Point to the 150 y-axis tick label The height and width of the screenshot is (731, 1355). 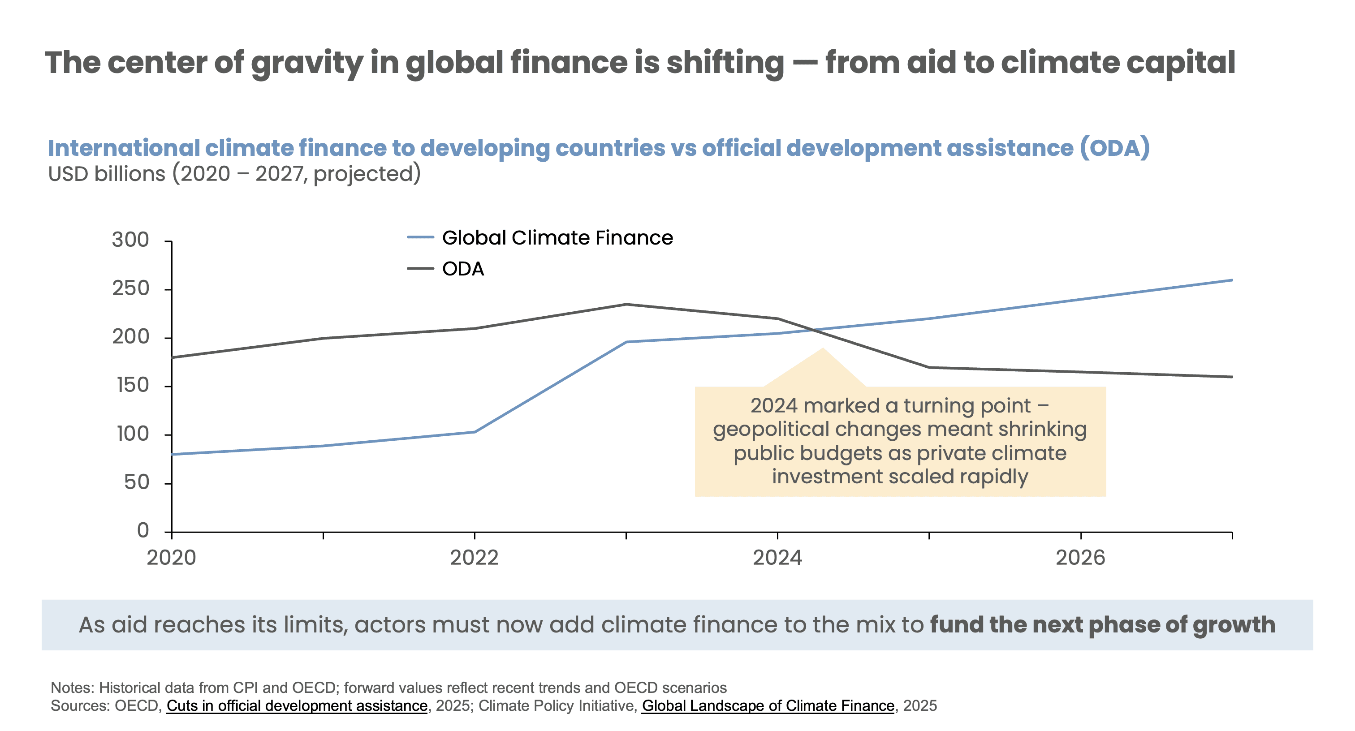[133, 386]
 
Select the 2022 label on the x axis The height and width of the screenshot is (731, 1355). [474, 558]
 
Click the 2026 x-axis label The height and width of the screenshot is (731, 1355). [1080, 558]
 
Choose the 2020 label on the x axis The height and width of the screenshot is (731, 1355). [172, 558]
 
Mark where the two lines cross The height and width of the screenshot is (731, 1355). [815, 330]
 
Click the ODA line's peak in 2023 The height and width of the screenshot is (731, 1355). [626, 305]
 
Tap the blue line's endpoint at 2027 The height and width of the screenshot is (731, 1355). [1232, 280]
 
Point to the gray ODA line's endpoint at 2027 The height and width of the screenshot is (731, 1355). [1232, 377]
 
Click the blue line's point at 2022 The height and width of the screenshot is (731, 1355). [475, 432]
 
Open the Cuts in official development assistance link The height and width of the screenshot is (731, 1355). [297, 706]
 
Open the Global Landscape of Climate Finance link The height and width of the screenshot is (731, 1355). [768, 706]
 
